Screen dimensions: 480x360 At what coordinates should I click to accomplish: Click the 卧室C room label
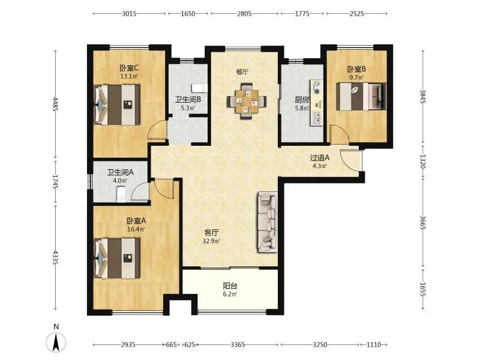pyautogui.click(x=129, y=68)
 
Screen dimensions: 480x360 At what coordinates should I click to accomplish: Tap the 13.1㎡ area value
pyautogui.click(x=129, y=76)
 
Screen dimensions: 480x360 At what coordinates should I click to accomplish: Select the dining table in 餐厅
pyautogui.click(x=247, y=101)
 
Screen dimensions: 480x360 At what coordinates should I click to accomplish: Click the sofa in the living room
pyautogui.click(x=268, y=222)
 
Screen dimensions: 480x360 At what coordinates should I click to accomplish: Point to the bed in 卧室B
pyautogui.click(x=361, y=96)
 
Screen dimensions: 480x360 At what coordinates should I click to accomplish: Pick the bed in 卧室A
pyautogui.click(x=116, y=259)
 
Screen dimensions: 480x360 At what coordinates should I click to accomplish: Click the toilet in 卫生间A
pyautogui.click(x=122, y=194)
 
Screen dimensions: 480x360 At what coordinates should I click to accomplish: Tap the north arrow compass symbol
pyautogui.click(x=56, y=342)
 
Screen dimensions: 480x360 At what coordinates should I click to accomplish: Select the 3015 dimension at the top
pyautogui.click(x=129, y=14)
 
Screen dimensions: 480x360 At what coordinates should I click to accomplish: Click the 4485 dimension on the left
pyautogui.click(x=55, y=104)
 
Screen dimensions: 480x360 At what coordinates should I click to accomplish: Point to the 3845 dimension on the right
pyautogui.click(x=423, y=96)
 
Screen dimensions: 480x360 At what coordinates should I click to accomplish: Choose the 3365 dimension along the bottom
pyautogui.click(x=238, y=344)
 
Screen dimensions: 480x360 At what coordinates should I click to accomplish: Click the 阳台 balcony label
pyautogui.click(x=230, y=286)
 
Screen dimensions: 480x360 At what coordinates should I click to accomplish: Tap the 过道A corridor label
pyautogui.click(x=320, y=158)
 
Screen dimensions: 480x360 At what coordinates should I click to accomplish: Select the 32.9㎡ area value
pyautogui.click(x=212, y=241)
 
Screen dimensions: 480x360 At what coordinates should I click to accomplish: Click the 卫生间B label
pyautogui.click(x=188, y=100)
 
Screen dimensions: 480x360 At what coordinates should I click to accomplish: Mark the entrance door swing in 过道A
pyautogui.click(x=349, y=158)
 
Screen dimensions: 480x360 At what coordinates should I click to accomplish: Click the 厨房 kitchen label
pyautogui.click(x=302, y=100)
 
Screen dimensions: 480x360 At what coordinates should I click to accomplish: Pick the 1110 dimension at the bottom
pyautogui.click(x=373, y=344)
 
